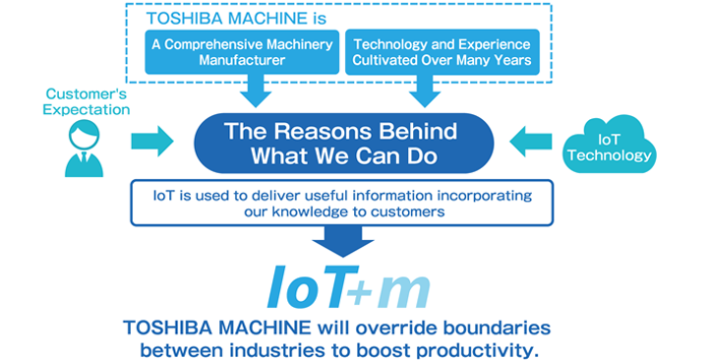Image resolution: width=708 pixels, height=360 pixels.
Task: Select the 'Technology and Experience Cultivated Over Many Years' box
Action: tap(442, 52)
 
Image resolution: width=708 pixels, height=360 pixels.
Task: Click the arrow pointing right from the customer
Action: tap(150, 140)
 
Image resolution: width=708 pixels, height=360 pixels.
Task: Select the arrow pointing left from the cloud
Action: tap(532, 141)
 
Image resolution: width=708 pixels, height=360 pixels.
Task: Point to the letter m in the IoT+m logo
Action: tap(405, 291)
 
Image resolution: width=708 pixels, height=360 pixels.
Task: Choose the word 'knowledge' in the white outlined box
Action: tap(355, 211)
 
